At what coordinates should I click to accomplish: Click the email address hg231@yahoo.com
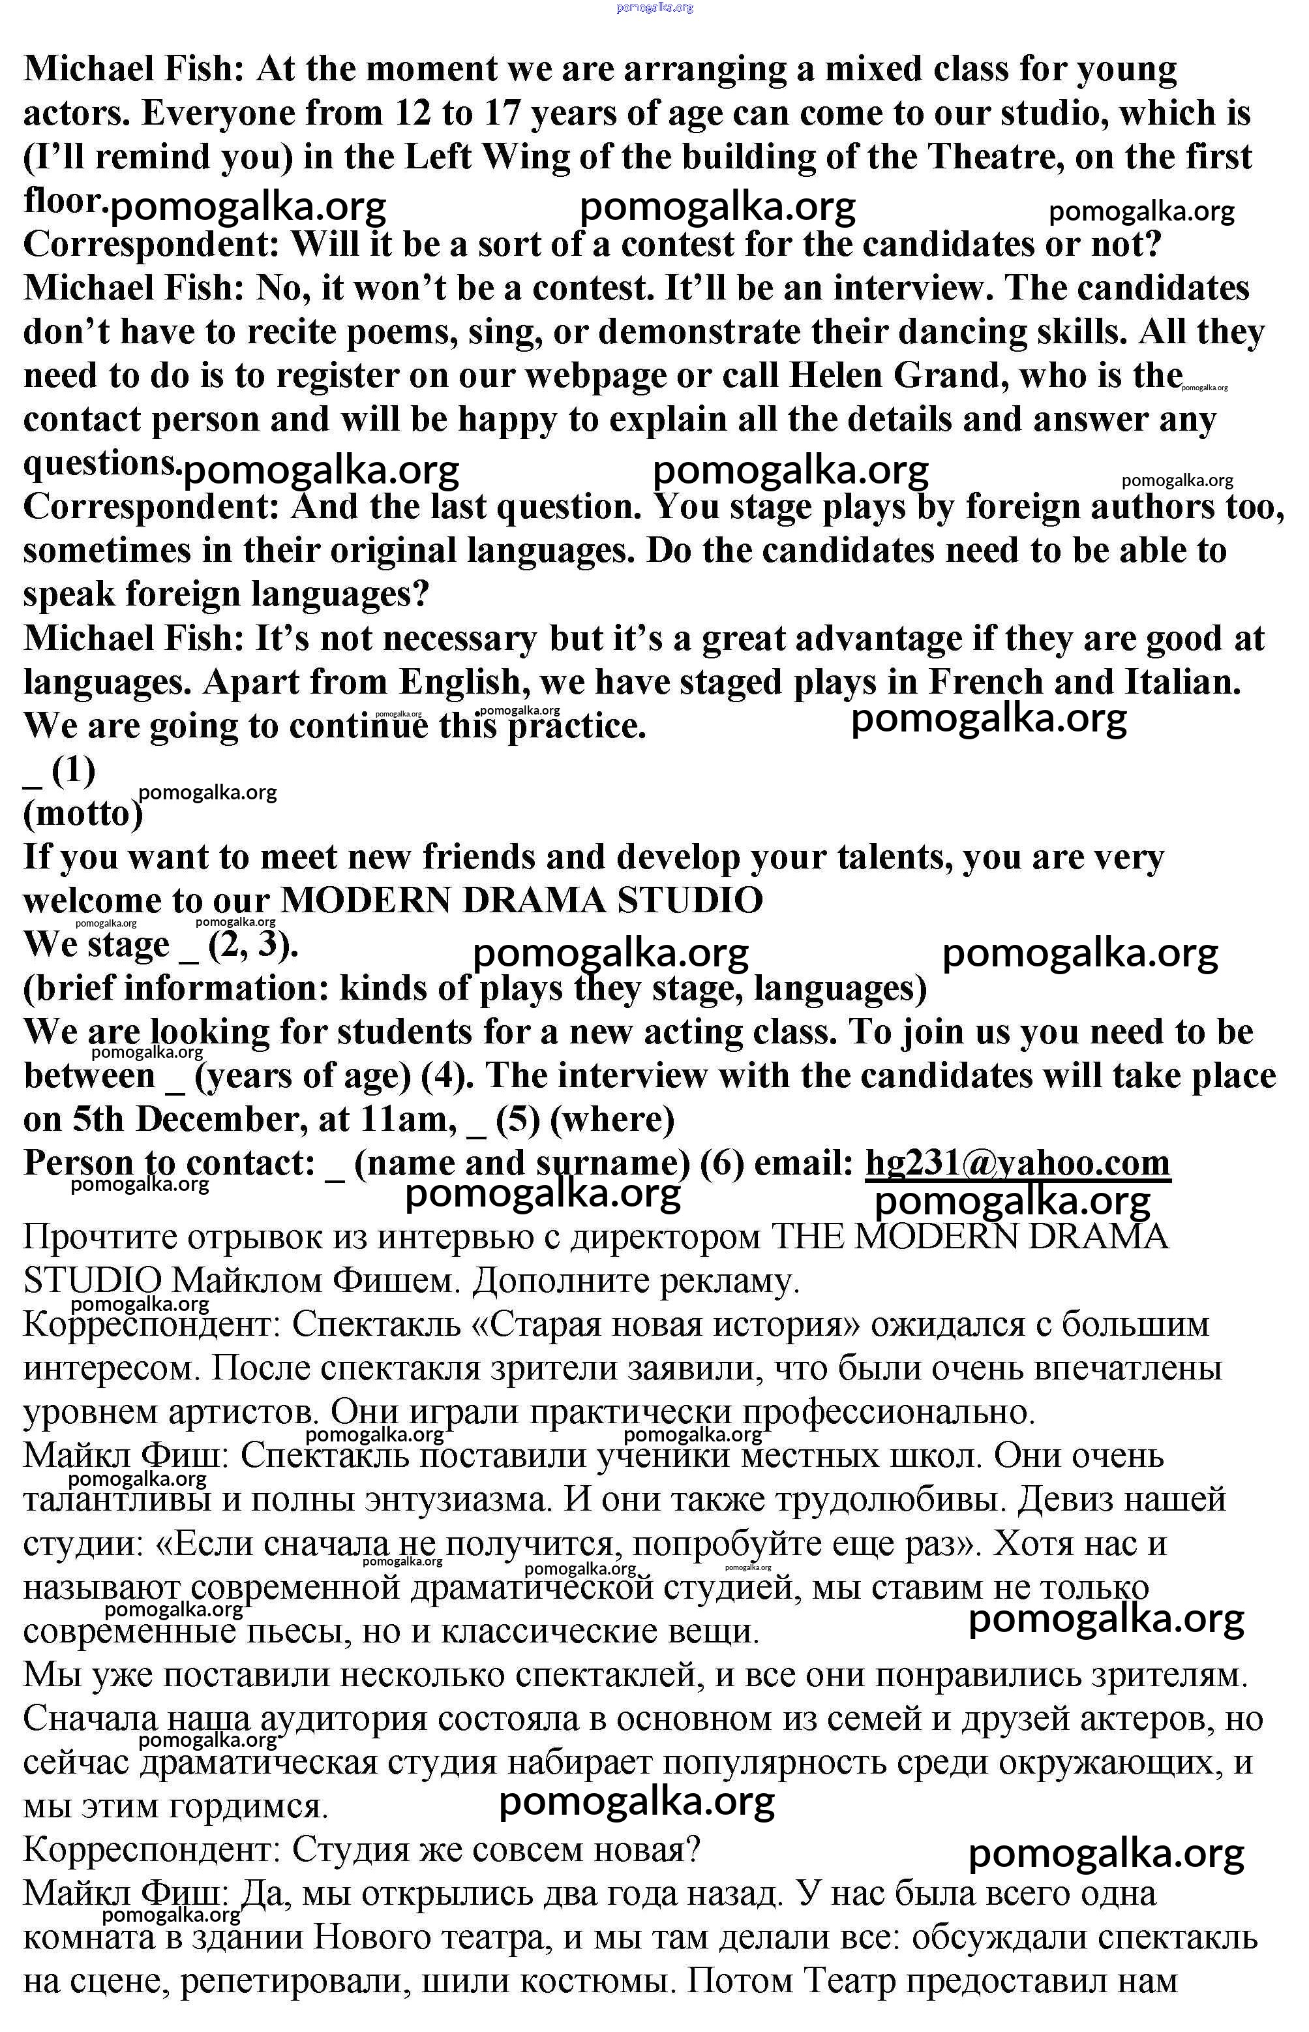tap(1017, 1163)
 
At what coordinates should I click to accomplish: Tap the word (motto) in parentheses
tap(82, 814)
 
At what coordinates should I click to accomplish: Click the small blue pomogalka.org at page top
tap(655, 8)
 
